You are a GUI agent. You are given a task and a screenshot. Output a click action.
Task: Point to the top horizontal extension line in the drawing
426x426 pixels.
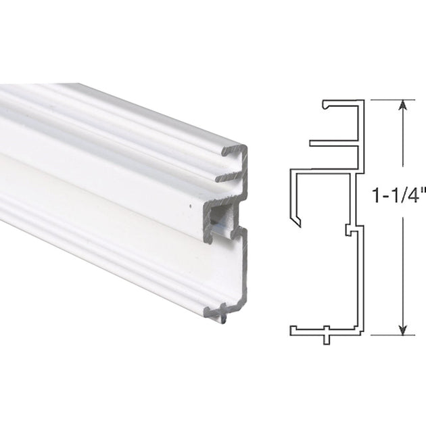389,99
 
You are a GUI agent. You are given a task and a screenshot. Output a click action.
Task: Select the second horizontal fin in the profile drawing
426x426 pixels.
331,143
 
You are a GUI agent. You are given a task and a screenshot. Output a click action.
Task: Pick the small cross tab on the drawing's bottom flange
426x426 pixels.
326,334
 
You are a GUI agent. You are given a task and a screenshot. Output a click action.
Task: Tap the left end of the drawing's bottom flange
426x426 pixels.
293,331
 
